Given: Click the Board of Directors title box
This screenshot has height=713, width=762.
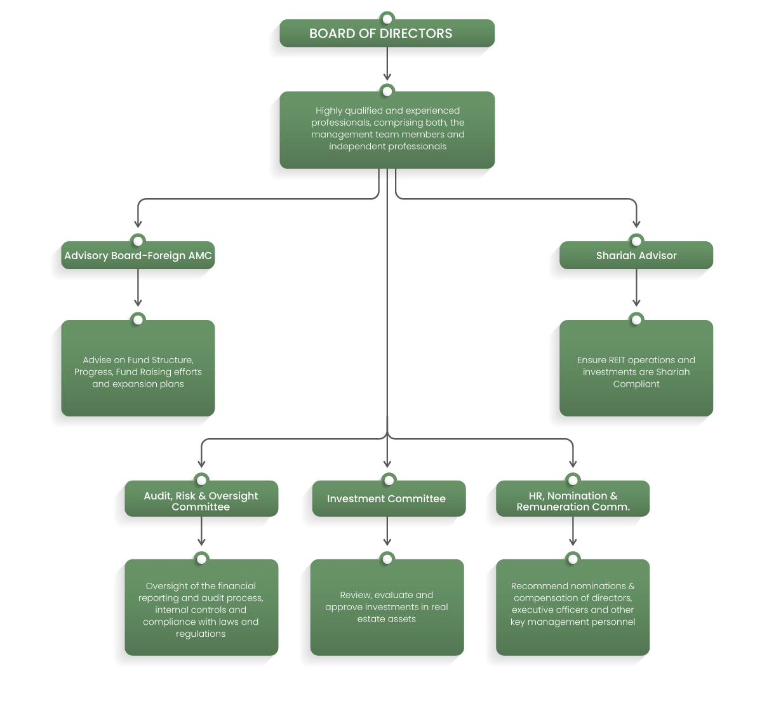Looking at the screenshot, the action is (x=387, y=33).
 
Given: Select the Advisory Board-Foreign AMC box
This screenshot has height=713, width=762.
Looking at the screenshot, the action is (x=138, y=255).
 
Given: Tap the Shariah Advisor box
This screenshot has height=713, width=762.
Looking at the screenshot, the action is (x=636, y=255).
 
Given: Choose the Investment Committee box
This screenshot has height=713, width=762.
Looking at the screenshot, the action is (x=389, y=498).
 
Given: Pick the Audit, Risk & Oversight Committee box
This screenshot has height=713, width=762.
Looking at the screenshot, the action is (x=201, y=498).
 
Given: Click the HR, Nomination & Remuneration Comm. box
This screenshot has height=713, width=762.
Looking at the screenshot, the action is (x=573, y=498).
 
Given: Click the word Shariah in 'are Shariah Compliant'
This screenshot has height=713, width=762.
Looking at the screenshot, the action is (x=672, y=372).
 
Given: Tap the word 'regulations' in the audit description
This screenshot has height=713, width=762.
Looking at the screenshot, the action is (x=201, y=634).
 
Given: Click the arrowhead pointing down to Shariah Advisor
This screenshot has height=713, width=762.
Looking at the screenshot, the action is (x=636, y=224).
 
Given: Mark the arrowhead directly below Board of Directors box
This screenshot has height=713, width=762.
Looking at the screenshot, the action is (x=387, y=77).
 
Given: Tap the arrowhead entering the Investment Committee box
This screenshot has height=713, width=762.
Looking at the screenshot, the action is (x=387, y=464).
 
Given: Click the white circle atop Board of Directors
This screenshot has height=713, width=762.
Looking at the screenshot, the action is (x=387, y=18).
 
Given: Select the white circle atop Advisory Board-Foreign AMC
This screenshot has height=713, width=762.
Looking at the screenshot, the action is (x=138, y=241).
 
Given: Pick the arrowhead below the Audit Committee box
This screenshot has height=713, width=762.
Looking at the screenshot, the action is (x=201, y=542).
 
